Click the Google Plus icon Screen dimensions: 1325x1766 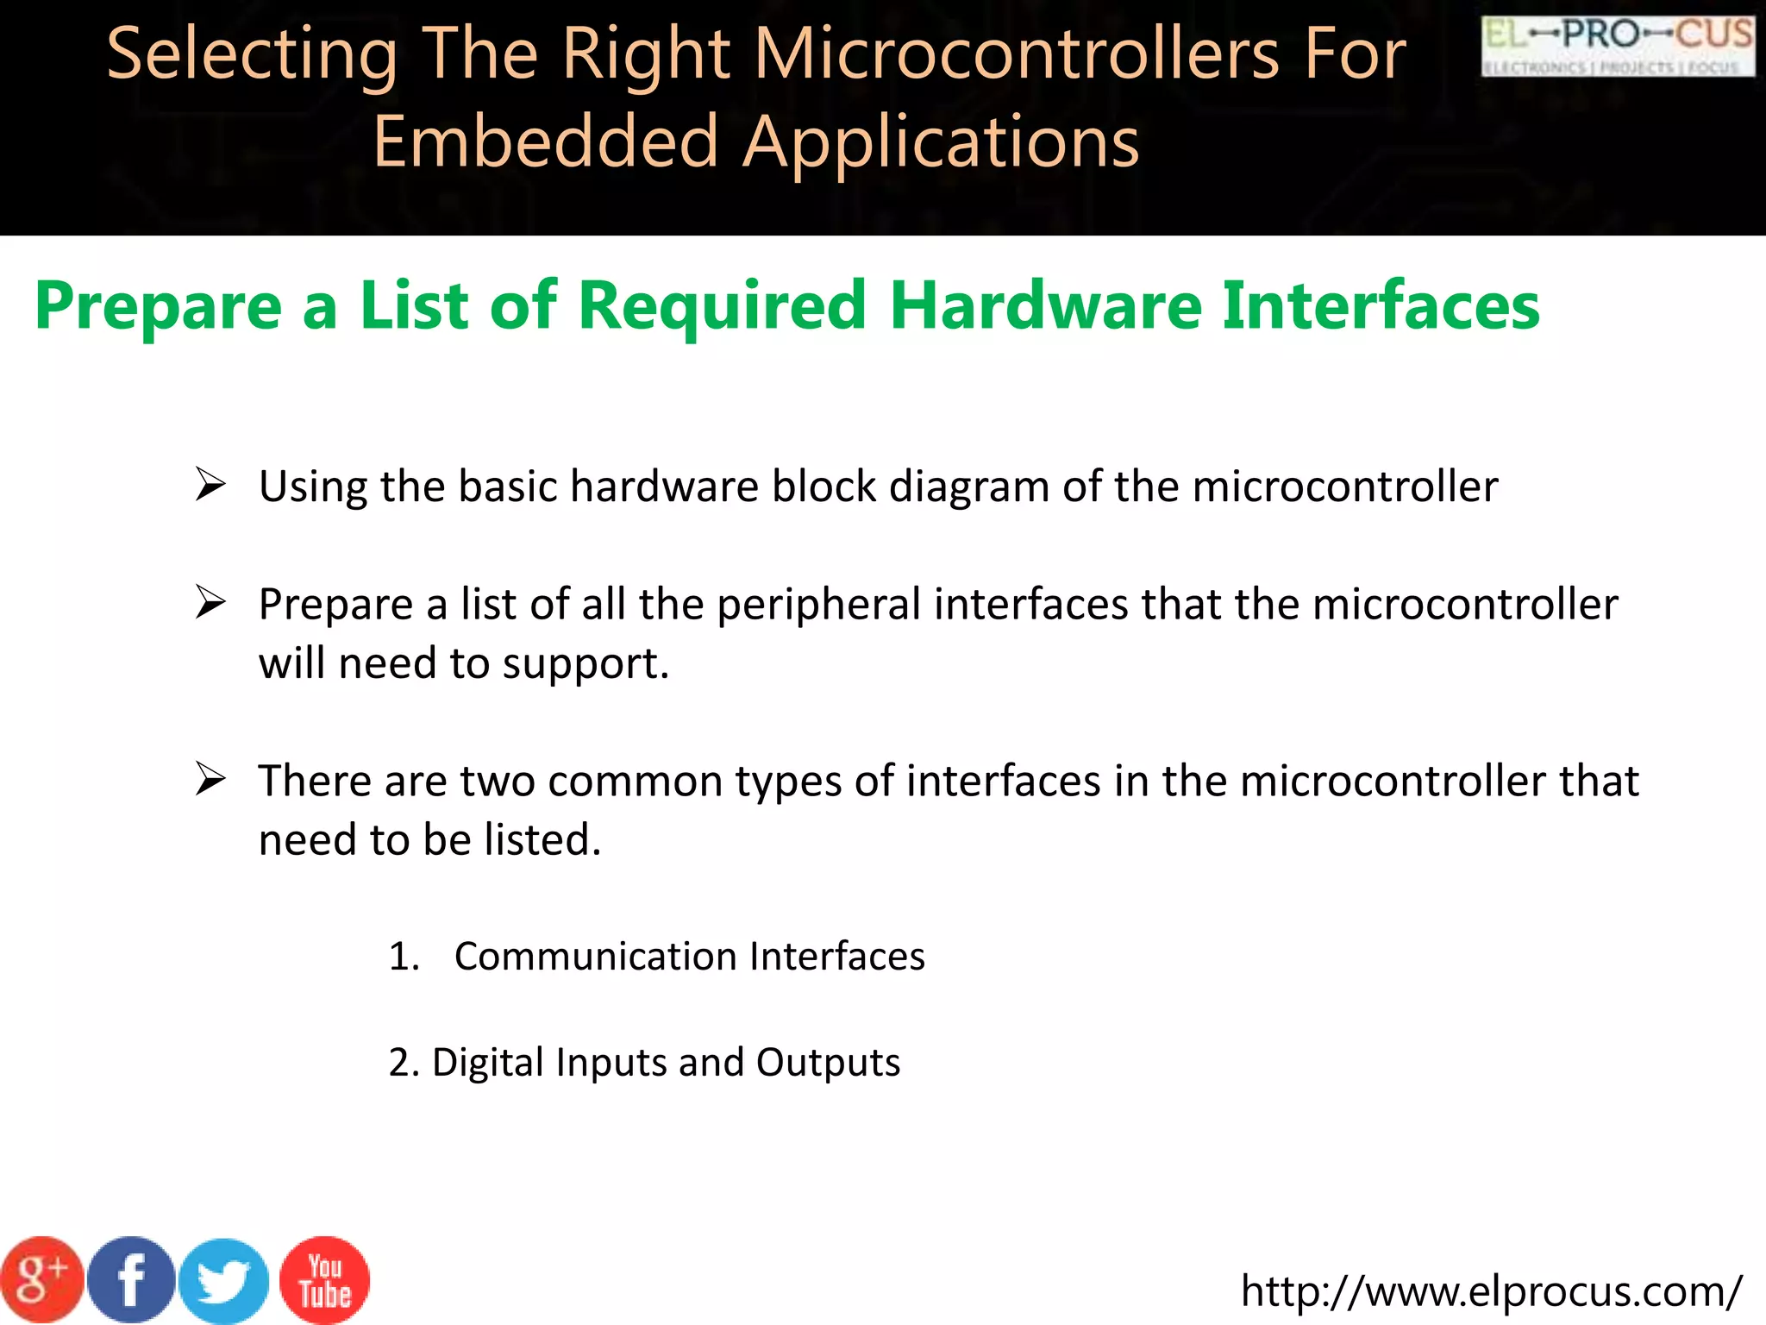(41, 1280)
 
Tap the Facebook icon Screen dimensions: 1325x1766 (131, 1280)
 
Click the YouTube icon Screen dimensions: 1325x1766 (325, 1280)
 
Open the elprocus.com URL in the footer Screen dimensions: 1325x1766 (1491, 1291)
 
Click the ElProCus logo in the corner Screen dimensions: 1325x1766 (1618, 47)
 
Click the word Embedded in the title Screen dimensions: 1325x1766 (546, 141)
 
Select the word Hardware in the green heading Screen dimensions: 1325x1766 (1045, 305)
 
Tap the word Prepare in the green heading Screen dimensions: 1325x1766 (158, 307)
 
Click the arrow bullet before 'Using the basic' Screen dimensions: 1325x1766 (210, 484)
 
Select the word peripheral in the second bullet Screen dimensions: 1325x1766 (818, 605)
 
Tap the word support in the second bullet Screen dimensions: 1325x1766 (585, 664)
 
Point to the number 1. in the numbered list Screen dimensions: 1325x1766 (404, 957)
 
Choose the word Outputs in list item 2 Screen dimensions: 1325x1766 (828, 1062)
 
